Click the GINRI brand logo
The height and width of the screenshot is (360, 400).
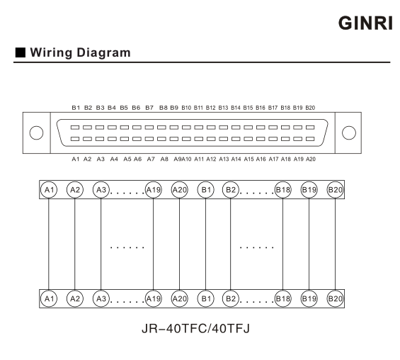(365, 23)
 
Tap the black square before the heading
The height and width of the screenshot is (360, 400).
(21, 52)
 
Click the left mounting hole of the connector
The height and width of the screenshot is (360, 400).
(36, 133)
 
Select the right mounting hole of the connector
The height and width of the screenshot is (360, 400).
(349, 133)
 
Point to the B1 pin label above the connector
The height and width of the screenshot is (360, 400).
(76, 108)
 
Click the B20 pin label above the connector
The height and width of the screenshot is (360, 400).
(310, 108)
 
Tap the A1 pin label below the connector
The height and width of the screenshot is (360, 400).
(76, 159)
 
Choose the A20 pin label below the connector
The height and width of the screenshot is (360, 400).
(311, 159)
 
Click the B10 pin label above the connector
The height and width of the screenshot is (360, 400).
(186, 108)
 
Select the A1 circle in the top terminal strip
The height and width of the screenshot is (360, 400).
(49, 190)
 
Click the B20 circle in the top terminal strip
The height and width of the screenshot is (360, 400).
(335, 190)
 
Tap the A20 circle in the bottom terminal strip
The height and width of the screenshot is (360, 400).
(179, 298)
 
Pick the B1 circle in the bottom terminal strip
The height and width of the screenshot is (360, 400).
(205, 298)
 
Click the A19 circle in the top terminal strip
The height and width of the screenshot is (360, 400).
(154, 190)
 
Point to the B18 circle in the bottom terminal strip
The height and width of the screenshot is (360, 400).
(282, 298)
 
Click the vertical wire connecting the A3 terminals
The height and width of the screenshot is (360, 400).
(101, 244)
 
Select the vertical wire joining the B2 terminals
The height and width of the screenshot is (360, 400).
(230, 244)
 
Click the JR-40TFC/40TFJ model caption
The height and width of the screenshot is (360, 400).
(195, 328)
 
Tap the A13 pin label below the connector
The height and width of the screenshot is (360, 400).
(224, 159)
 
